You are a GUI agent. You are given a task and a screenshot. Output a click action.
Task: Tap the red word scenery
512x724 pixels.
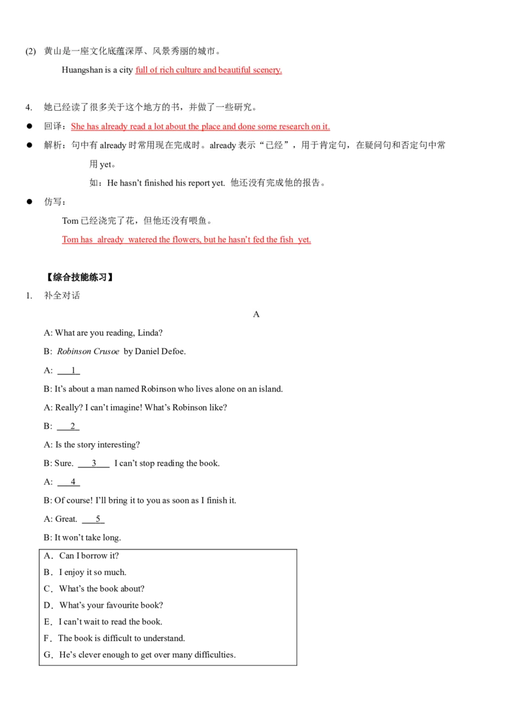point(268,70)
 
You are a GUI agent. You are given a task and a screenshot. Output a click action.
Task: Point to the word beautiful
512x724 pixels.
point(234,70)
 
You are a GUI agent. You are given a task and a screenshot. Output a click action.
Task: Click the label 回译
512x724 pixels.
point(52,127)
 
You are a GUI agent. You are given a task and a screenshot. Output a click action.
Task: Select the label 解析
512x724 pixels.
point(52,145)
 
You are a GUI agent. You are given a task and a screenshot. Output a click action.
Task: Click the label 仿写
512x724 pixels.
point(52,201)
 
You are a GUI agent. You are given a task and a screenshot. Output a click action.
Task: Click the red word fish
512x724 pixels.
point(286,240)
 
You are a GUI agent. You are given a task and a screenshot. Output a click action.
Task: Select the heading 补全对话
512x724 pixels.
point(62,295)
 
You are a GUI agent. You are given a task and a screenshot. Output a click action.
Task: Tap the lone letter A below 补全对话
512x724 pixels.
point(256,314)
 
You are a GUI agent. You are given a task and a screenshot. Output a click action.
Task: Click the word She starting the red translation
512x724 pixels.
point(78,127)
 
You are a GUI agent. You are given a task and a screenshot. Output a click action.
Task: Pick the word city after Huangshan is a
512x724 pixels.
point(125,70)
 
